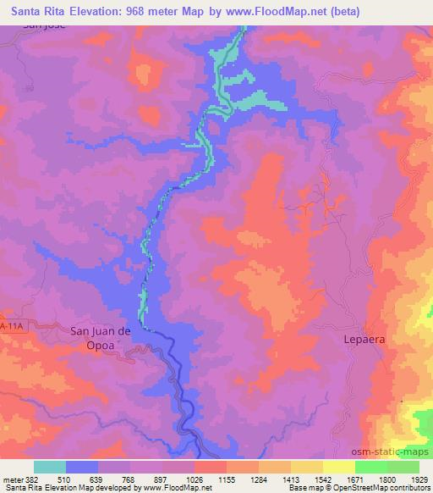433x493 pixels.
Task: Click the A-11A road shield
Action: pos(9,325)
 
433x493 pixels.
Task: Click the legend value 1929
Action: pos(419,479)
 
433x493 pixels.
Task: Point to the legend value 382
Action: pos(34,479)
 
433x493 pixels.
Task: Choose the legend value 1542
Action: pos(322,479)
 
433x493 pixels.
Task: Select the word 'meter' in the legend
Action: pos(13,479)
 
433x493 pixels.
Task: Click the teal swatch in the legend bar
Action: pos(50,467)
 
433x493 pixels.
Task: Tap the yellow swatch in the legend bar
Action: pos(338,467)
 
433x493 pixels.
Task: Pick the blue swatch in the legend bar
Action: pos(82,467)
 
